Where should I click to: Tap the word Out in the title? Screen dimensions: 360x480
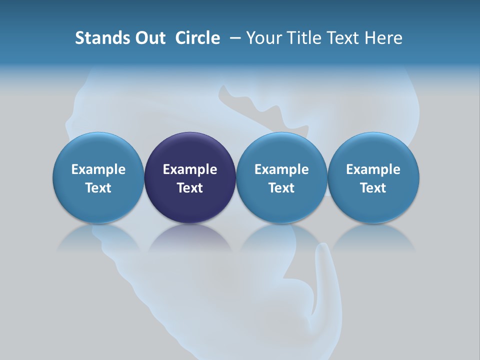(x=148, y=38)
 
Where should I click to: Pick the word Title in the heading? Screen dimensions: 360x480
(x=303, y=38)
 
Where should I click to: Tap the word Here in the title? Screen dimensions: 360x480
(x=383, y=38)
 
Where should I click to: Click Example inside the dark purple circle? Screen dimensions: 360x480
(x=190, y=169)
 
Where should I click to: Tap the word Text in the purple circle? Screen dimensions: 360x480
(x=190, y=188)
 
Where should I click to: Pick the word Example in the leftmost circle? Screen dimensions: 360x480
(x=98, y=169)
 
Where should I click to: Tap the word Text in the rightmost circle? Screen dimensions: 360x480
(x=373, y=188)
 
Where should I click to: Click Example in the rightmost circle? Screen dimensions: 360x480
(x=373, y=169)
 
